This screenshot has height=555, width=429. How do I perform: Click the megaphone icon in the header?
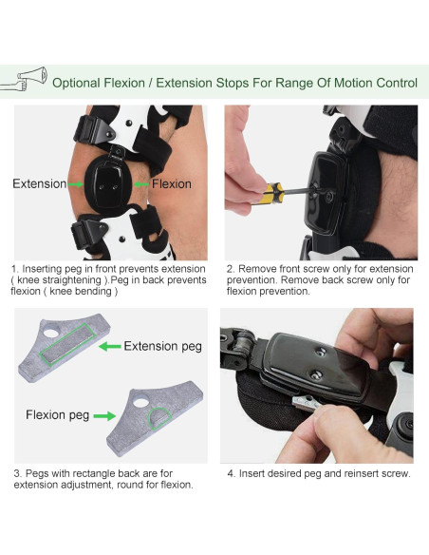[x=24, y=79]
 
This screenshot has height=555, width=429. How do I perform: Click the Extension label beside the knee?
[x=39, y=183]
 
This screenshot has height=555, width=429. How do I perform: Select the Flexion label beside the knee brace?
[x=172, y=183]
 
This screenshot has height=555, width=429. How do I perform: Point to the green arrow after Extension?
[x=75, y=184]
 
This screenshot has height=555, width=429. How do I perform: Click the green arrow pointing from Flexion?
[x=141, y=184]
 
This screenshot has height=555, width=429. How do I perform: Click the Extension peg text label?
[x=163, y=346]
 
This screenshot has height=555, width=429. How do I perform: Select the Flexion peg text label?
[x=57, y=414]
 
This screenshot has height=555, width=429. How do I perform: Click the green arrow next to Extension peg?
[x=110, y=346]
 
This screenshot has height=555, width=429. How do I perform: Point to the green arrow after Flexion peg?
[x=104, y=416]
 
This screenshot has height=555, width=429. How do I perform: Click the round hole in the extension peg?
[x=51, y=333]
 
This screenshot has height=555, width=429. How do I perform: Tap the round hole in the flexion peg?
[x=141, y=402]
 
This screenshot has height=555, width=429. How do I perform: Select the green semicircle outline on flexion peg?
[x=159, y=418]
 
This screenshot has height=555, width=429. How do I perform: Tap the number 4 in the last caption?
[x=231, y=473]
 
